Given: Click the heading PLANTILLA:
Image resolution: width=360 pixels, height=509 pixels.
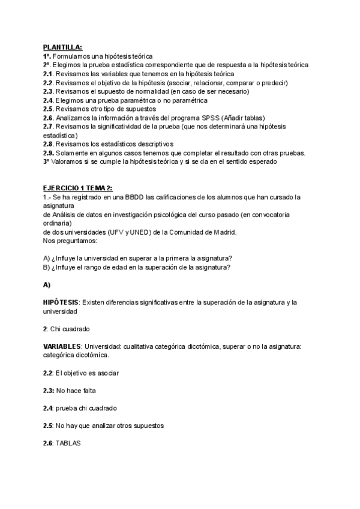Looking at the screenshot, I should click(63, 47).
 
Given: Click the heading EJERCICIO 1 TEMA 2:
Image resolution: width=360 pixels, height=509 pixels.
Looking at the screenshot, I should click(77, 188).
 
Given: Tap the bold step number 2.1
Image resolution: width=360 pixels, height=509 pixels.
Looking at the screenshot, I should click(48, 74).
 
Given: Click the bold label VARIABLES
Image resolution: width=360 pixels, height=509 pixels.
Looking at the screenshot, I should click(62, 347).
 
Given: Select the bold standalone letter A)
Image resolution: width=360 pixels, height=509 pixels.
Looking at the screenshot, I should click(47, 284).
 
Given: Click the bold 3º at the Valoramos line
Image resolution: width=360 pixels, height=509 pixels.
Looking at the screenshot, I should click(46, 161).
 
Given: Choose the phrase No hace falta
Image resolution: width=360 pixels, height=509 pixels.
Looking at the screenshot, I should click(75, 391).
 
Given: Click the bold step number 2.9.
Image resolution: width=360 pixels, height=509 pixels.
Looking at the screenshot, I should click(49, 152).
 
